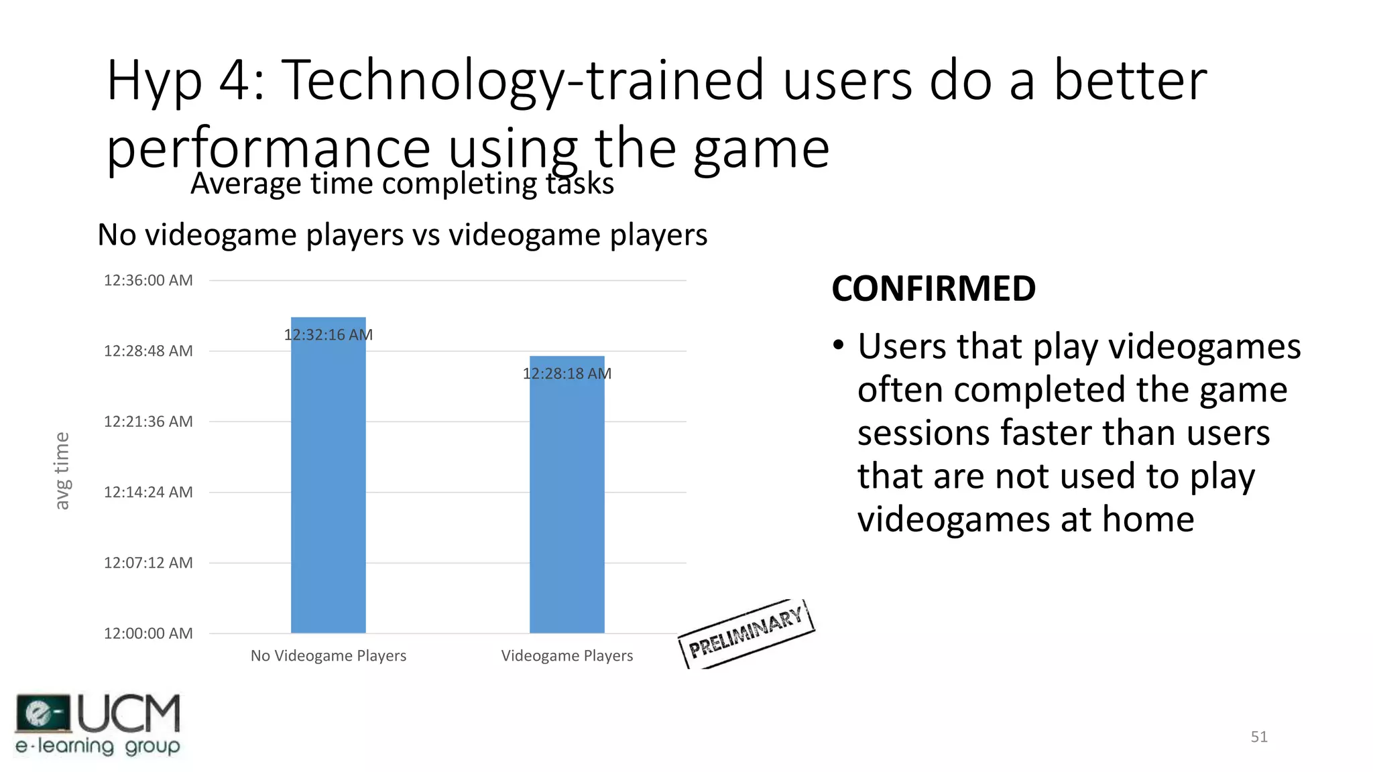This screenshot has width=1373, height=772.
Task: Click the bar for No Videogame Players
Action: pos(328,482)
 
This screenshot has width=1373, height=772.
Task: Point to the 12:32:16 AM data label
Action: pos(328,334)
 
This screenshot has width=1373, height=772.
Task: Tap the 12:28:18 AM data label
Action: pos(566,373)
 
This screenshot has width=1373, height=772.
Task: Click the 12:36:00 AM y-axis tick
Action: pos(148,280)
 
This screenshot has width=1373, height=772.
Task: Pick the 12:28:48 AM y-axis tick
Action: pos(148,350)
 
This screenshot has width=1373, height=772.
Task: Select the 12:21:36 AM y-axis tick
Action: pos(148,422)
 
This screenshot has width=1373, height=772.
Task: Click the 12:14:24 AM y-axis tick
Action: pos(148,492)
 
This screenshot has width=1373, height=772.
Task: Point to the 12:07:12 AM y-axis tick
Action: pos(148,562)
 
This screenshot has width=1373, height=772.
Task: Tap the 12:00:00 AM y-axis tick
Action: pos(148,633)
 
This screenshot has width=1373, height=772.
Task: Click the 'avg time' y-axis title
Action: pos(62,470)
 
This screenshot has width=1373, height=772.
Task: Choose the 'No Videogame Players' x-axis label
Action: pos(328,655)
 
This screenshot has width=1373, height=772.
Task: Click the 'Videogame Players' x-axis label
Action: pos(566,655)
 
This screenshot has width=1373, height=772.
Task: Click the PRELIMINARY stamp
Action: pos(746,633)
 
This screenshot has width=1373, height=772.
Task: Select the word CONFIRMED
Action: pos(933,289)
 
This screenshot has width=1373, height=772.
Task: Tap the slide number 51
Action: pos(1259,736)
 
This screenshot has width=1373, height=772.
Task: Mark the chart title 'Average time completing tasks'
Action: pos(402,184)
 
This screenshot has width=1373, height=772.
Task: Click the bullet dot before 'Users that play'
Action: pos(838,346)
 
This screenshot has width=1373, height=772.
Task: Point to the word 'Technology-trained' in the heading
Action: pos(523,80)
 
